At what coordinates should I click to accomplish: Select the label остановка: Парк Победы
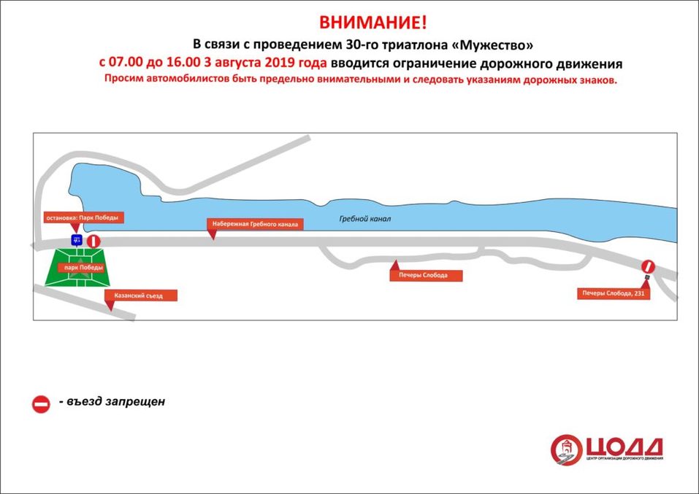[x=81, y=217]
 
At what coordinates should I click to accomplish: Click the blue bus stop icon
[x=76, y=240]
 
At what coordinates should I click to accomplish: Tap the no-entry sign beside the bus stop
[x=93, y=242]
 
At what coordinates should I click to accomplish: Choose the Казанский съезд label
[x=142, y=296]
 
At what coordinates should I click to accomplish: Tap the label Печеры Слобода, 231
[x=611, y=294]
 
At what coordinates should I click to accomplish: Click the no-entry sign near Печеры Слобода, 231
[x=648, y=267]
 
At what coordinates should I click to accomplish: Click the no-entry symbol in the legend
[x=41, y=404]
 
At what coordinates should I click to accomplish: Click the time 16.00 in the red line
[x=190, y=63]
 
